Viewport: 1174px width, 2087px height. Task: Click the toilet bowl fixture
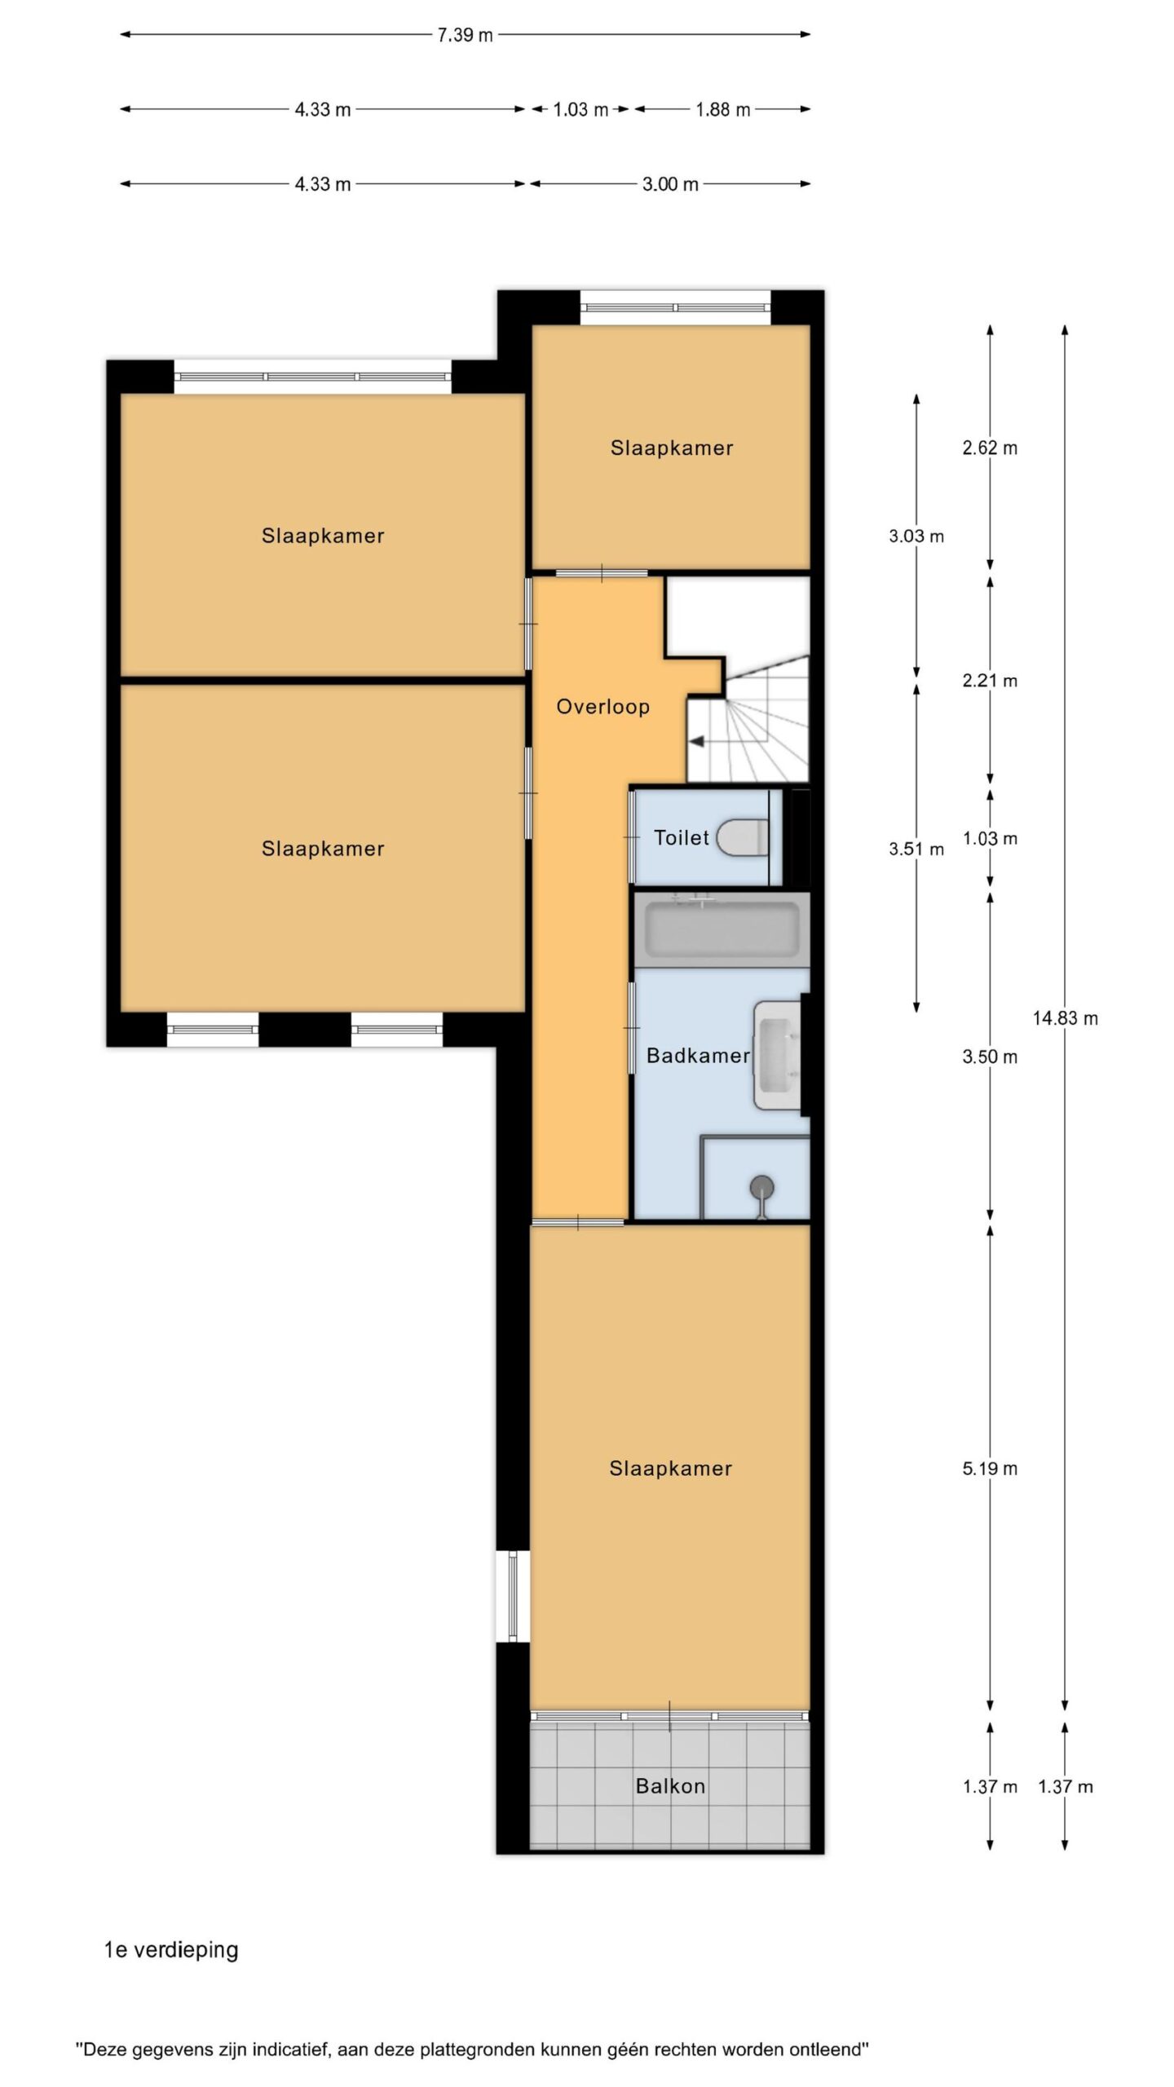tap(743, 837)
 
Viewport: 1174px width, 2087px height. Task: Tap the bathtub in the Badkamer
tap(722, 929)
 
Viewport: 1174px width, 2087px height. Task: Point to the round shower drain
tap(761, 1186)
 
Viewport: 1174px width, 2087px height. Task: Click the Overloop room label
tap(602, 707)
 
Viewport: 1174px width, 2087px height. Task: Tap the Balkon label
tap(670, 1786)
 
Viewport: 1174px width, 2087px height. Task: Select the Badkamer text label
tap(698, 1056)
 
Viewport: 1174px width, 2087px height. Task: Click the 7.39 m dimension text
tap(465, 35)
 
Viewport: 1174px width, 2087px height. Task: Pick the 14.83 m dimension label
tap(1065, 1018)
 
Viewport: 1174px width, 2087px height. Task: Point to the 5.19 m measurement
tap(990, 1469)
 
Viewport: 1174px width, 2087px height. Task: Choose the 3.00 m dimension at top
tap(670, 184)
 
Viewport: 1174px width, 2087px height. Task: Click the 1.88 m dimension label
tap(722, 109)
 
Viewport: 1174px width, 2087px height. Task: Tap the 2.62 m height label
tap(990, 448)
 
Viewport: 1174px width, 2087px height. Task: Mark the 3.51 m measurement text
tap(916, 849)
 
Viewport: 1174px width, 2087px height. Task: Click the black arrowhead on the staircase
tap(697, 741)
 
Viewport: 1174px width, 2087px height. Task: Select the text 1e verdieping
tap(171, 1950)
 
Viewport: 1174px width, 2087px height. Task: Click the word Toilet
tap(682, 837)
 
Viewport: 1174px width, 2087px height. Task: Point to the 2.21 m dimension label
tap(990, 681)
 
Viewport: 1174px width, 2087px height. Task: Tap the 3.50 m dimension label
tap(990, 1057)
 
